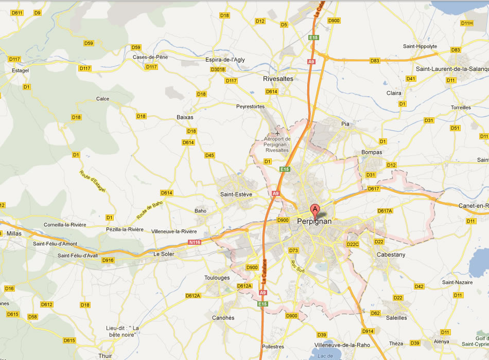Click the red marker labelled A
[314, 210]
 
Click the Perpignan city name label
[315, 221]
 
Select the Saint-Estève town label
[236, 194]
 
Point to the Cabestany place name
[391, 255]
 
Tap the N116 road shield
[194, 242]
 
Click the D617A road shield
[385, 211]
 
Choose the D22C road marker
[353, 244]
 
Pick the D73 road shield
[293, 250]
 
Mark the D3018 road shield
[218, 69]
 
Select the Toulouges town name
[217, 278]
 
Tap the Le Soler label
[164, 254]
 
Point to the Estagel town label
[20, 70]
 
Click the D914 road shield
[368, 331]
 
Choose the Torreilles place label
[461, 107]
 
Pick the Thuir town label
[105, 355]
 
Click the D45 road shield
[209, 155]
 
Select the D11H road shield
[467, 23]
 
